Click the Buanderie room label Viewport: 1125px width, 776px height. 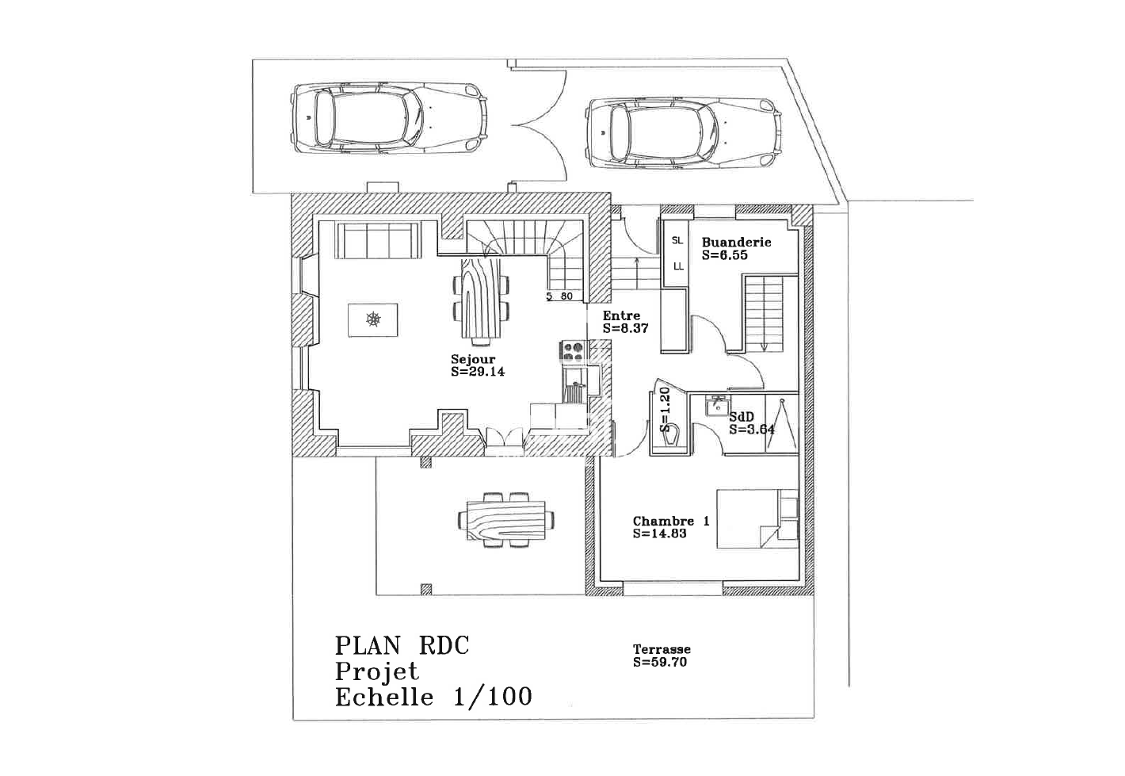pos(736,243)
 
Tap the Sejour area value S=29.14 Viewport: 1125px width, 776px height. pos(478,372)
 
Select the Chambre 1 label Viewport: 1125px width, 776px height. pos(671,522)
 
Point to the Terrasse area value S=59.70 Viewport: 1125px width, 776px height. pos(660,663)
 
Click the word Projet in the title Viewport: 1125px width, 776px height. pos(376,671)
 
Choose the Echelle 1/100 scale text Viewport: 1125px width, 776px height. pos(433,698)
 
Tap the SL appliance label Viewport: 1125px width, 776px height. pos(677,241)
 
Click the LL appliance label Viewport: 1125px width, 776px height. pos(678,266)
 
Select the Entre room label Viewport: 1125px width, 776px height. pos(622,315)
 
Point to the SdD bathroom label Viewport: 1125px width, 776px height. pos(742,417)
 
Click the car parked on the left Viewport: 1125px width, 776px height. pos(389,119)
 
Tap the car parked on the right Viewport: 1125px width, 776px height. pos(684,132)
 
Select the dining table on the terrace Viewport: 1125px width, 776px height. pos(506,520)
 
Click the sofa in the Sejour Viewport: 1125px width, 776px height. pos(379,240)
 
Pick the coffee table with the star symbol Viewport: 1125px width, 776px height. pos(372,319)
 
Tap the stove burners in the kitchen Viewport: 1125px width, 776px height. pos(574,351)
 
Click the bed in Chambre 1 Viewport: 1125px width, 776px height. pos(757,518)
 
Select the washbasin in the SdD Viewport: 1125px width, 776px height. pos(717,405)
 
